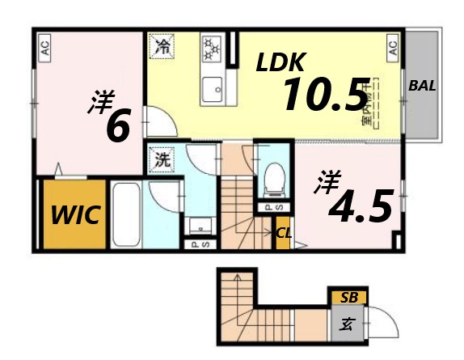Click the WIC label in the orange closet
click(x=75, y=215)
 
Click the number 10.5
click(x=324, y=95)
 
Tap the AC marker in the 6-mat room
click(x=44, y=46)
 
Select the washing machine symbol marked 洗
click(x=162, y=159)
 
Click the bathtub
click(x=126, y=214)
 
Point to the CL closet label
click(x=284, y=234)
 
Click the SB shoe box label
click(x=348, y=297)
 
